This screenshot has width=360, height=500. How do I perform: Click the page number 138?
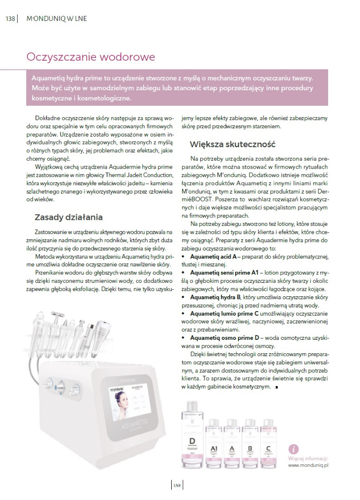(10, 19)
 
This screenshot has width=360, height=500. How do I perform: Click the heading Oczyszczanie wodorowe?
(91, 57)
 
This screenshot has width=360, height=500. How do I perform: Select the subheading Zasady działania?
(68, 217)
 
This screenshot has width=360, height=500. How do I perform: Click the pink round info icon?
(293, 449)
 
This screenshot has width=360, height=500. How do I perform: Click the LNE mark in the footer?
(177, 485)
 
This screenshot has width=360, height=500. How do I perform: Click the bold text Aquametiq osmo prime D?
(225, 337)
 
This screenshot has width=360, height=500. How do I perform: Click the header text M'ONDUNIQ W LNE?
(56, 19)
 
